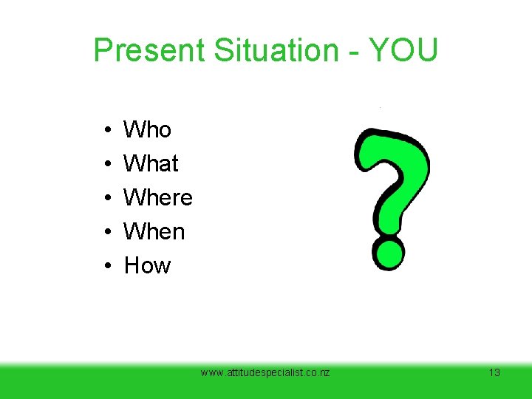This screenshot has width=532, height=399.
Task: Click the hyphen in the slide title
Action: (352, 52)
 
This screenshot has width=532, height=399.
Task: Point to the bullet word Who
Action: (147, 130)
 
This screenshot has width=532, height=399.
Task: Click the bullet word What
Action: (151, 163)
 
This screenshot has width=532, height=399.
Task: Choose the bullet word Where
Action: (158, 198)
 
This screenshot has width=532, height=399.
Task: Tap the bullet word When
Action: (154, 232)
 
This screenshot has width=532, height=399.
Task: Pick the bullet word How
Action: (147, 266)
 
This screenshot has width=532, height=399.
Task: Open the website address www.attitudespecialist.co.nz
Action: (265, 372)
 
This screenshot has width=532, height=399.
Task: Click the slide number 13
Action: (494, 372)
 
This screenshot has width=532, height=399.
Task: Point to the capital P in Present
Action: (103, 50)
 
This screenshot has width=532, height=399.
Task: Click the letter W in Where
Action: (134, 198)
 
